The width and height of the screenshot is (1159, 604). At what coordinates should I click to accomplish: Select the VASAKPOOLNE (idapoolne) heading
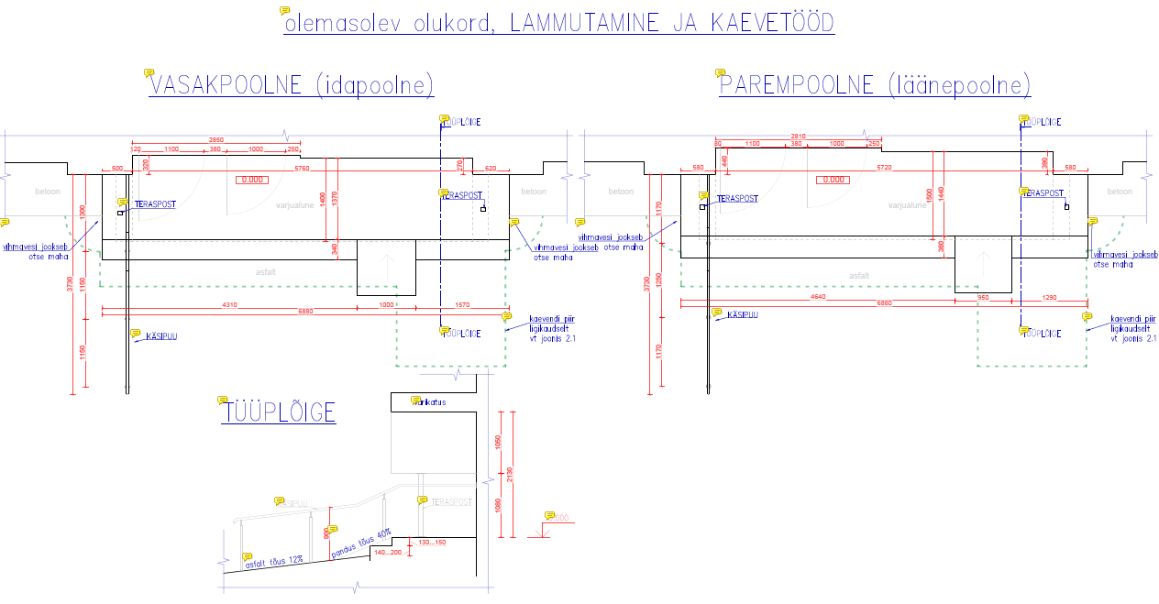point(291,85)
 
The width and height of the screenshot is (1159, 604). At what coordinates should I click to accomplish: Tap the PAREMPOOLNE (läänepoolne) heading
point(875,85)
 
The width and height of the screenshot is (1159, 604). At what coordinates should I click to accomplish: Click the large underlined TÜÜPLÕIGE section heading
point(279,413)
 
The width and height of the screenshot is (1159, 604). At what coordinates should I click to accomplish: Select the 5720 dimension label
point(884,169)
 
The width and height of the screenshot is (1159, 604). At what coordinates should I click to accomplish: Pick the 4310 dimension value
point(229,304)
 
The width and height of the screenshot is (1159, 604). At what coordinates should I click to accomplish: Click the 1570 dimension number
point(461,304)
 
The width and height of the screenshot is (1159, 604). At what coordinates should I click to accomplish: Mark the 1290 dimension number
point(1049,297)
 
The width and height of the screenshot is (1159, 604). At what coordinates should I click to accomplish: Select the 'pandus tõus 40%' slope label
point(360,544)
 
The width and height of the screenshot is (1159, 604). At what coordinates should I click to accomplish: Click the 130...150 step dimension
point(431,543)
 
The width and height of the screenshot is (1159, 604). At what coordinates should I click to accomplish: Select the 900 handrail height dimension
point(326,532)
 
